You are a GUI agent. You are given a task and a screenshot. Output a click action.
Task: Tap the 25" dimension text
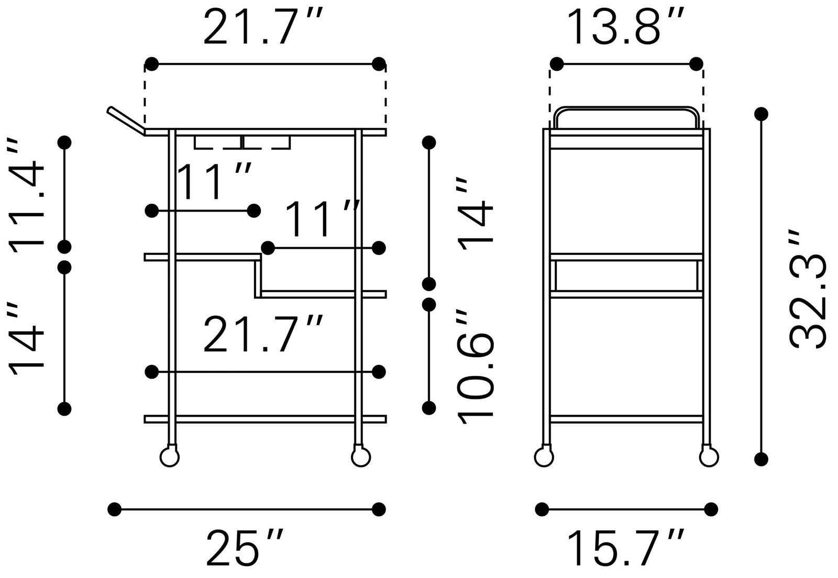pyautogui.click(x=245, y=548)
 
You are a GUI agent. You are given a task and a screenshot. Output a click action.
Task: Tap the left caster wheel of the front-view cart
pyautogui.click(x=169, y=457)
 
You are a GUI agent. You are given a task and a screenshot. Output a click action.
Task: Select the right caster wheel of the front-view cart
pyautogui.click(x=360, y=457)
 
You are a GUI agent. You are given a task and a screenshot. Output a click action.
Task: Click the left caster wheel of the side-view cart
pyautogui.click(x=544, y=457)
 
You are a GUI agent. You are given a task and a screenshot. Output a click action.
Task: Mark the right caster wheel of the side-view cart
pyautogui.click(x=709, y=457)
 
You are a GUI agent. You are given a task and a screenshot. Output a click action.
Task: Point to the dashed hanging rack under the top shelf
pyautogui.click(x=242, y=143)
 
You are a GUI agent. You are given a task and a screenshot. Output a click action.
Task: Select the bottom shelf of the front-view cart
pyautogui.click(x=266, y=419)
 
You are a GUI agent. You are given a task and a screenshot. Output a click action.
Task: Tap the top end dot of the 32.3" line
pyautogui.click(x=761, y=114)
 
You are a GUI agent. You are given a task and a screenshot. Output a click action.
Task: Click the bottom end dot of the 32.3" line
pyautogui.click(x=761, y=459)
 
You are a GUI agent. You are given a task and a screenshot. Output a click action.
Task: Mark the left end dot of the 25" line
pyautogui.click(x=114, y=508)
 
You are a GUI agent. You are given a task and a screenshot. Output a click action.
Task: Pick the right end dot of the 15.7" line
pyautogui.click(x=711, y=508)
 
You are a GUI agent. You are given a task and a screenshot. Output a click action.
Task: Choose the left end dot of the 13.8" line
pyautogui.click(x=556, y=64)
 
